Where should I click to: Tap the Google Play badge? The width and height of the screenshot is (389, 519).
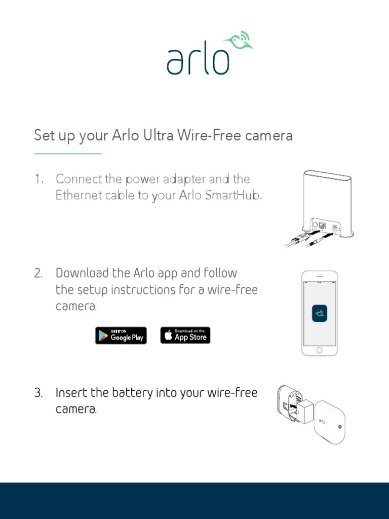pos(121,336)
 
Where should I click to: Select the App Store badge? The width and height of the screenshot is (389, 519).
pos(185,336)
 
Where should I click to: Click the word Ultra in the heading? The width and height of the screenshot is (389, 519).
pos(158,135)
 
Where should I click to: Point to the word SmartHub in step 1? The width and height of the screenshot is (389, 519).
pos(233,195)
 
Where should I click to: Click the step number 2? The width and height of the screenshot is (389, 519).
pos(38,273)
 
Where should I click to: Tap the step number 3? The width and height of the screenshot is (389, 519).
pos(38,393)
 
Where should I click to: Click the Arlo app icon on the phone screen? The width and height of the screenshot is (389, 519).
pos(320,313)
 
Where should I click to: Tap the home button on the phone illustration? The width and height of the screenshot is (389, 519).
pos(319,350)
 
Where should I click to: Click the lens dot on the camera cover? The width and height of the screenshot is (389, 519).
pos(340,427)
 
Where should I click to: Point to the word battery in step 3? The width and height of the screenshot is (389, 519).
pos(132,393)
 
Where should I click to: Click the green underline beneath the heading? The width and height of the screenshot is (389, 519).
pos(68,154)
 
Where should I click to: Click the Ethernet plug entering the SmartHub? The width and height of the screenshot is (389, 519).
pos(300,238)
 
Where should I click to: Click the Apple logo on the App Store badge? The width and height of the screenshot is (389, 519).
pos(168,335)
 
